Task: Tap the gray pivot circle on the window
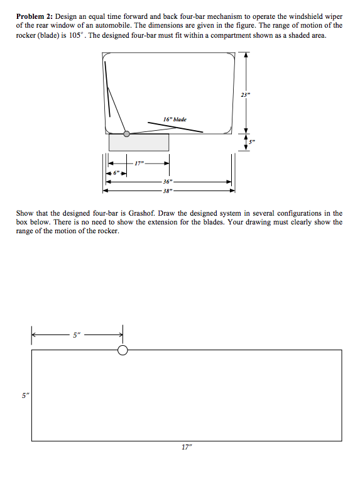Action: pos(127,133)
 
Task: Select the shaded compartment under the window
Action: pos(139,142)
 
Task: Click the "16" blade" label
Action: pos(174,119)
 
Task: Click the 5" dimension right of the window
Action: pos(251,141)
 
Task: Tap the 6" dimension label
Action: pos(116,172)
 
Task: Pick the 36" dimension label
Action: pos(168,181)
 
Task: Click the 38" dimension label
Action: pos(168,189)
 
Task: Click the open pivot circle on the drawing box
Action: pos(123,350)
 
